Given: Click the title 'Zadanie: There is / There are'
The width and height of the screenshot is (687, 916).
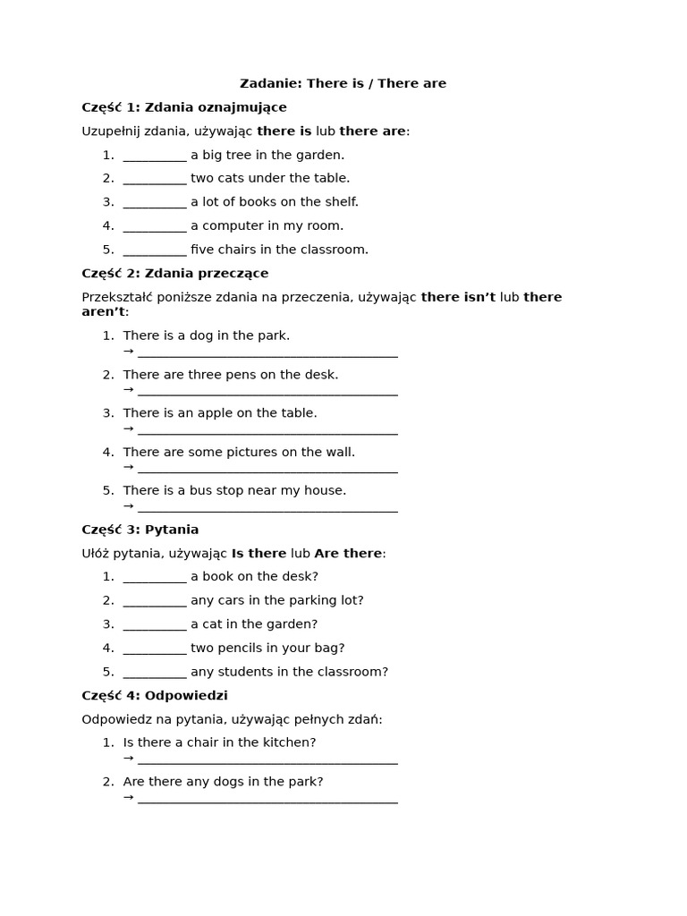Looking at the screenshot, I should (x=343, y=83).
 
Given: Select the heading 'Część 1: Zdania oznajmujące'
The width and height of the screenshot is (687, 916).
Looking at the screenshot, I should (x=184, y=107).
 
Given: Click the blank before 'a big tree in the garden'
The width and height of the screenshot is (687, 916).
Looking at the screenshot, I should (x=155, y=156).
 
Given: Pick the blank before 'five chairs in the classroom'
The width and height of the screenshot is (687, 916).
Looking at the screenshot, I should (x=155, y=250).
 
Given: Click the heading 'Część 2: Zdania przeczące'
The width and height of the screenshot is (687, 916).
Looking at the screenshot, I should (x=175, y=273).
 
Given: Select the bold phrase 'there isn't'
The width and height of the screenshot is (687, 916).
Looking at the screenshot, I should (x=458, y=297).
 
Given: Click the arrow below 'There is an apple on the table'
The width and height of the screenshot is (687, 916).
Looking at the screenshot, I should (x=128, y=428).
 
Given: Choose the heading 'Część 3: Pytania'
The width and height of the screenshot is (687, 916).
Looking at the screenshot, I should (x=140, y=530).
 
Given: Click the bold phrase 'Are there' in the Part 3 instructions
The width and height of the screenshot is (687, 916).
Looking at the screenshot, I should (x=348, y=554).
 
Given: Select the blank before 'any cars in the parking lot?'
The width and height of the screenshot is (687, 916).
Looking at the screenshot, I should (x=155, y=601).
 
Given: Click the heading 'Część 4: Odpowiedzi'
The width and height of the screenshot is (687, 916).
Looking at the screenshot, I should (x=155, y=695).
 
